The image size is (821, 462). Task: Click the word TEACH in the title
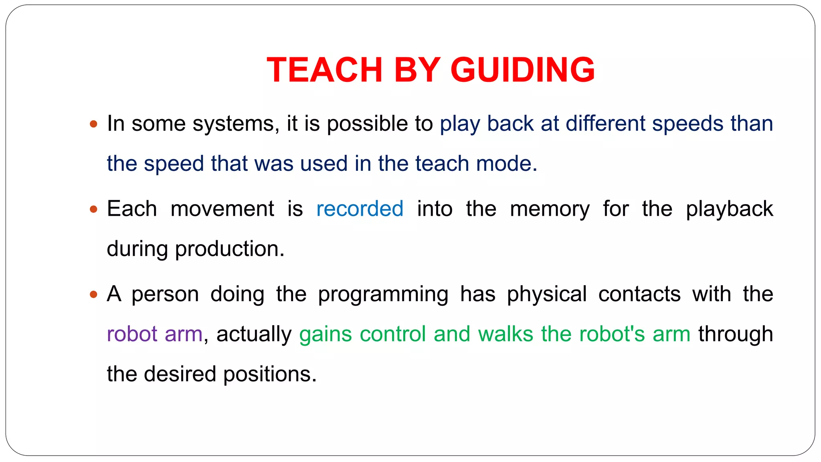(324, 70)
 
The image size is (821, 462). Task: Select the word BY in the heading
(417, 70)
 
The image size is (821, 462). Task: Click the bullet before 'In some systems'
(93, 124)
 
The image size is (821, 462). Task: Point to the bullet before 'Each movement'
(93, 209)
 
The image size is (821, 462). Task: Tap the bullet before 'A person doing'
(93, 294)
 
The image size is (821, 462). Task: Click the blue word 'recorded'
(360, 209)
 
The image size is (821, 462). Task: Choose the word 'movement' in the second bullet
(222, 209)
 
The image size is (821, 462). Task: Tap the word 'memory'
(550, 209)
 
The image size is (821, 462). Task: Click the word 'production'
(229, 249)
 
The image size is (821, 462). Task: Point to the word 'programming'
(383, 295)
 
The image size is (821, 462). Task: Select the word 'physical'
(547, 295)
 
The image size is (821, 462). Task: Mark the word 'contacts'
(639, 294)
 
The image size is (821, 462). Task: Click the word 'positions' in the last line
(269, 375)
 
